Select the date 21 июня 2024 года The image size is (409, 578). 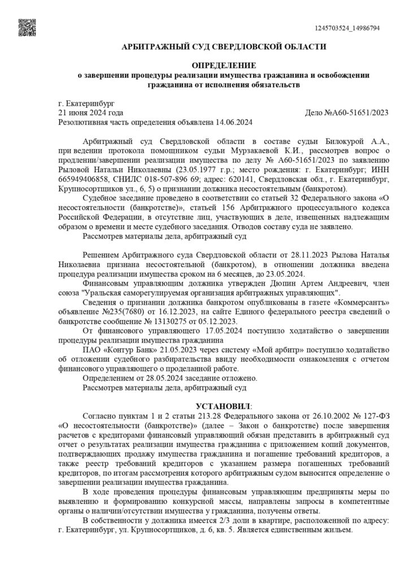pyautogui.click(x=91, y=113)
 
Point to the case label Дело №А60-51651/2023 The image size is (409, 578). pyautogui.click(x=347, y=113)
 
